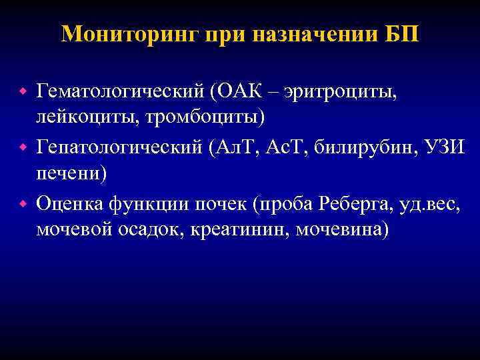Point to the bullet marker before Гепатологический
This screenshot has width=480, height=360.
21,146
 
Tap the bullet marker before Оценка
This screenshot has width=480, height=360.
21,202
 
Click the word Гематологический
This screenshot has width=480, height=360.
119,90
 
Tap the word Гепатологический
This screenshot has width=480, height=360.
119,146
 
